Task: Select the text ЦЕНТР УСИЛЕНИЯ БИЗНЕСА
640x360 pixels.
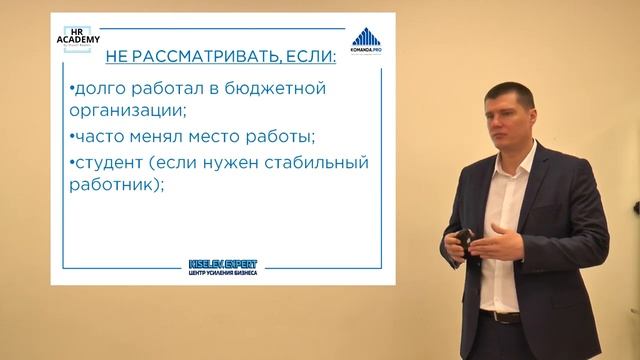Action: tap(222, 273)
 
